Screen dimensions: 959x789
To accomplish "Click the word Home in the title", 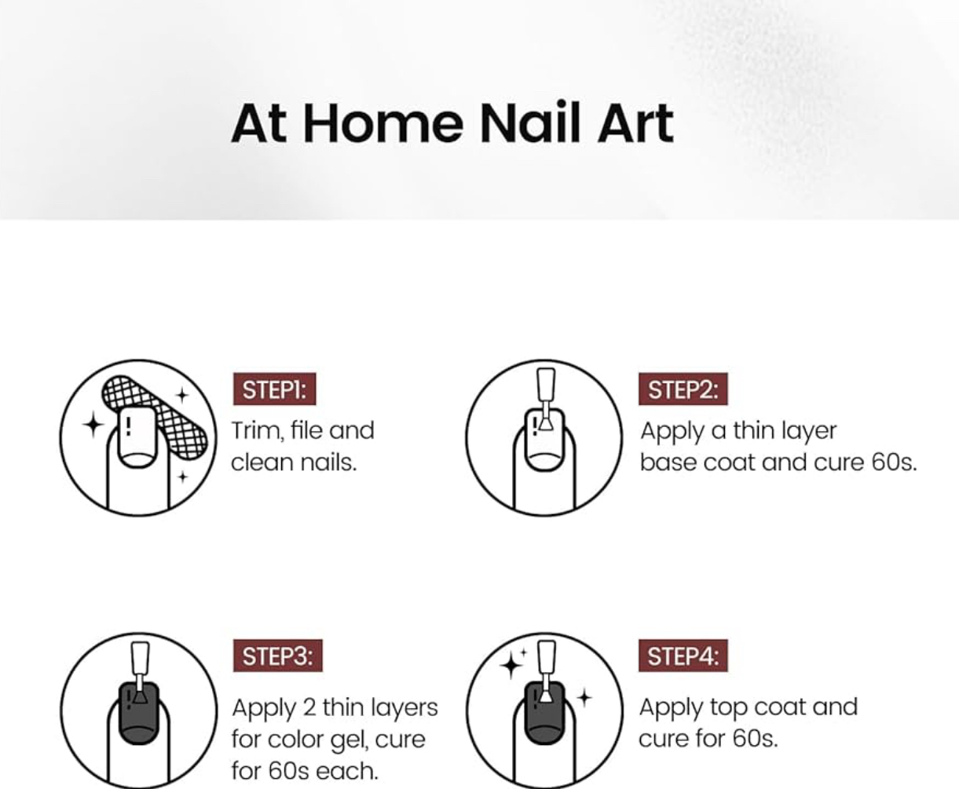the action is (x=383, y=123).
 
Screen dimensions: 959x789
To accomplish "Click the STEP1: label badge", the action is (x=275, y=389).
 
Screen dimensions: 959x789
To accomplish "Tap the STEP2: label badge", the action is (x=683, y=389).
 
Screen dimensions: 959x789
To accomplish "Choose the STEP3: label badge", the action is (x=278, y=656).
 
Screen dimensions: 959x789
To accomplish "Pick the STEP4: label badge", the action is (x=683, y=656).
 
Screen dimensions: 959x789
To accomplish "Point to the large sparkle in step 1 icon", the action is (x=93, y=425).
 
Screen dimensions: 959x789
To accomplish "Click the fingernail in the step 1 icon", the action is (x=137, y=437).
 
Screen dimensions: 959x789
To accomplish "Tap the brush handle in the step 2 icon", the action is (x=546, y=385).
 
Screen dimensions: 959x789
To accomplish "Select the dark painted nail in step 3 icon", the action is (x=139, y=713).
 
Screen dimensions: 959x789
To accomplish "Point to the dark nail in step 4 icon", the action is (x=544, y=713).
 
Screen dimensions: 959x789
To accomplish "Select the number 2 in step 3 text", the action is (x=309, y=707).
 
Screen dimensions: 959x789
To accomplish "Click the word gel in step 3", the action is (x=349, y=740).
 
